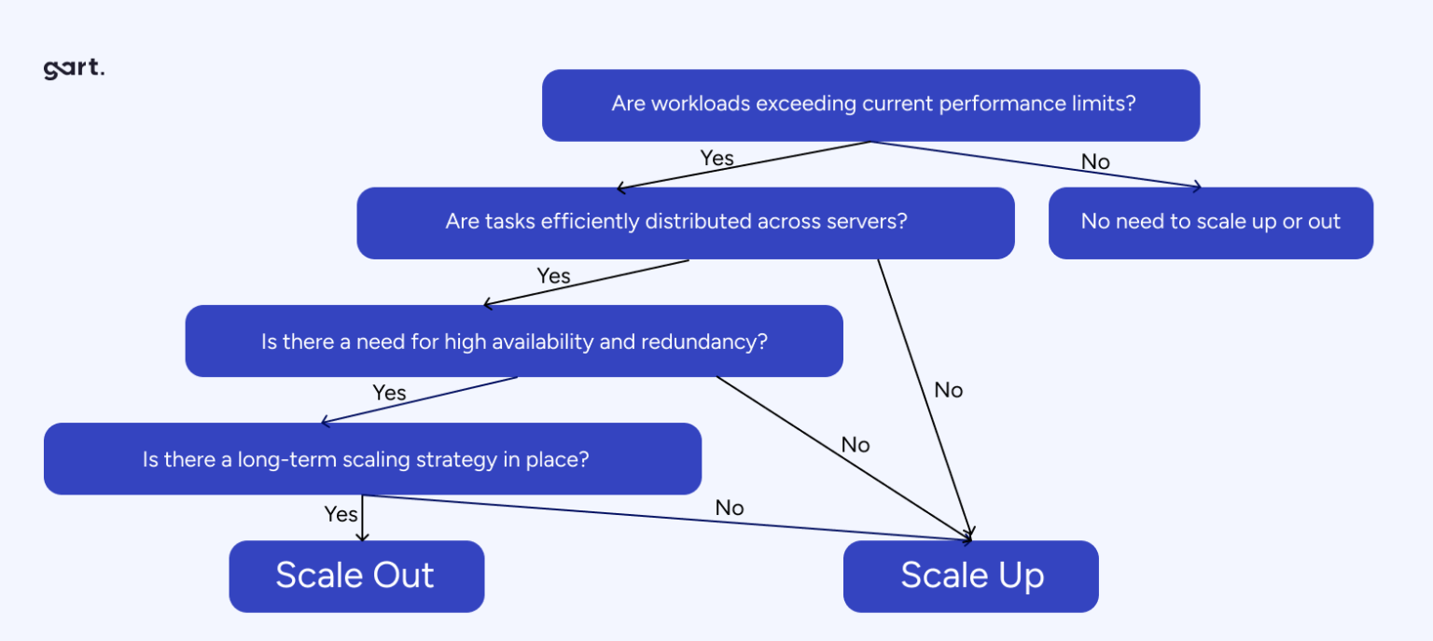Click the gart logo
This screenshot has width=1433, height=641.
point(74,70)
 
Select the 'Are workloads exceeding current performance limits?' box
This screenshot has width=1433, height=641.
point(870,105)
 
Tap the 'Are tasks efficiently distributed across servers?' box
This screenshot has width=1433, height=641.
point(685,222)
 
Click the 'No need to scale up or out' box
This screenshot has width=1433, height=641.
point(1210,222)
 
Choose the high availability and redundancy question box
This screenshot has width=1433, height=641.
point(513,341)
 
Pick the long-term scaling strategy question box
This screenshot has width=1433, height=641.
point(371,459)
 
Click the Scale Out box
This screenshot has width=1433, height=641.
point(355,576)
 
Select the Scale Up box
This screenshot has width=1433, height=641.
point(970,576)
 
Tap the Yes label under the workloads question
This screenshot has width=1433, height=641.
point(716,159)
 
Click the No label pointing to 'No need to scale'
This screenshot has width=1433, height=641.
point(1095,162)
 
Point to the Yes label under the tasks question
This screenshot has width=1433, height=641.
point(553,276)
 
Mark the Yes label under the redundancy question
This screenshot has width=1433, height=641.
point(389,393)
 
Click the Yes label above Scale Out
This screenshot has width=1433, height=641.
point(341,514)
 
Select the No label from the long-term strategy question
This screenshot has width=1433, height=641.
point(730,509)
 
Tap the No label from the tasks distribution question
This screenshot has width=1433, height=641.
point(948,391)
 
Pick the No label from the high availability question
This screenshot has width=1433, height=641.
point(855,445)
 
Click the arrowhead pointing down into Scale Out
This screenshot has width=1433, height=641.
point(362,536)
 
